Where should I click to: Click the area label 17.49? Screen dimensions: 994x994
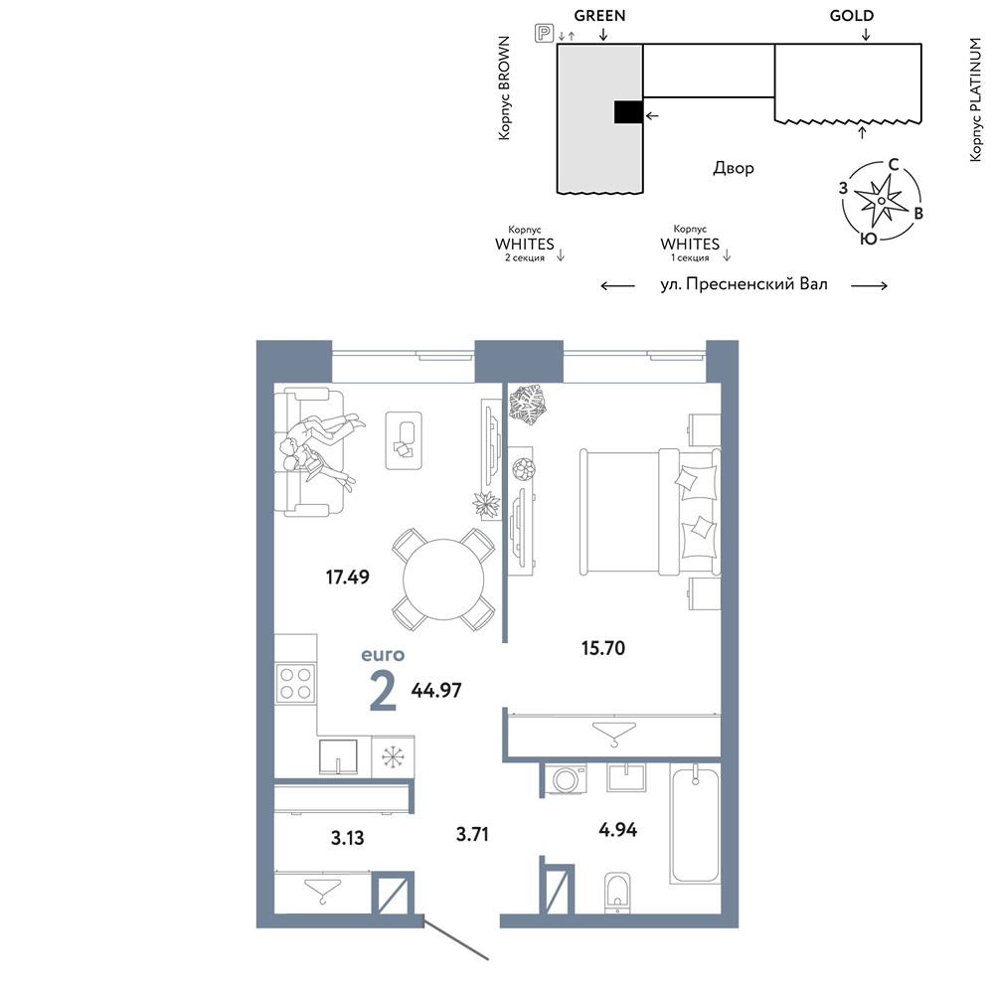347,577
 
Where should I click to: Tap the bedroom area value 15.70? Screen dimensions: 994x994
603,648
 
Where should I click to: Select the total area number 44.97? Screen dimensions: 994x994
436,690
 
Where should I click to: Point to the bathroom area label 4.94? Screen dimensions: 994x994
618,829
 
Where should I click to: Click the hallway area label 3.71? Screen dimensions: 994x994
472,834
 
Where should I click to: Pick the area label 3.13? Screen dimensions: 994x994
347,838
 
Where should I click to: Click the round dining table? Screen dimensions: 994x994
443,580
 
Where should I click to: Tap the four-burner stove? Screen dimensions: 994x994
296,683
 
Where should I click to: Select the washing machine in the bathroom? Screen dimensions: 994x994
566,779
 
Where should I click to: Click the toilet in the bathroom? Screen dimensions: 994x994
617,893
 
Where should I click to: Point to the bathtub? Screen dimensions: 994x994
696,823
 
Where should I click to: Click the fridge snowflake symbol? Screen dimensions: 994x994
393,756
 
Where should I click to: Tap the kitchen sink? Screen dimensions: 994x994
338,756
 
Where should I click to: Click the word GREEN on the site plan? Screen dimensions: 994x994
599,16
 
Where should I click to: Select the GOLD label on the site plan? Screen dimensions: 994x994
852,16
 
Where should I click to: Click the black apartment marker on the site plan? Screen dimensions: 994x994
628,113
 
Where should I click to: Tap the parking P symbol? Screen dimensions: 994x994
544,33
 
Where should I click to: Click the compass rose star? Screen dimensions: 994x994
881,201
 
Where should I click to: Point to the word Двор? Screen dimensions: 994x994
734,168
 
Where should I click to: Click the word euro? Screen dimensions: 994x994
383,654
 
